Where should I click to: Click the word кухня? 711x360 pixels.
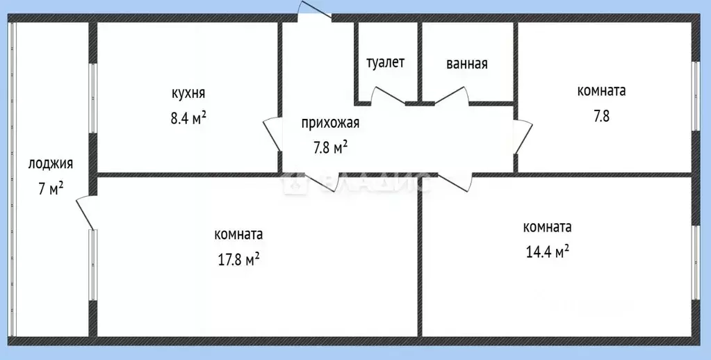[188, 93]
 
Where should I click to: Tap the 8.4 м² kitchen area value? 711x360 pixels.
[188, 118]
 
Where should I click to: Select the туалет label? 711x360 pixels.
[385, 63]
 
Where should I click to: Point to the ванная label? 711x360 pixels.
[467, 64]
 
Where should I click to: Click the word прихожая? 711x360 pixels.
[331, 123]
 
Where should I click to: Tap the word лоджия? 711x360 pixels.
[50, 164]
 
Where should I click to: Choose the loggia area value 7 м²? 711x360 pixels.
[51, 188]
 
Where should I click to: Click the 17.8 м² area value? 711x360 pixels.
[239, 260]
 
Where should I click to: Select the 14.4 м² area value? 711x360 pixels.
[547, 252]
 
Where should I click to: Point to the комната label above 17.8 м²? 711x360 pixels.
[238, 235]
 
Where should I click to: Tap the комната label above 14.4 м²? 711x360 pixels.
[547, 227]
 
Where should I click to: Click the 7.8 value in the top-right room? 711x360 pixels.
[601, 117]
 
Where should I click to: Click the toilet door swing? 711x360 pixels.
[388, 96]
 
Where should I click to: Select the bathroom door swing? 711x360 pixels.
[452, 96]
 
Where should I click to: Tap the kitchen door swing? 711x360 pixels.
[272, 134]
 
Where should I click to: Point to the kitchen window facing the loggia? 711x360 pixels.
[92, 98]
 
